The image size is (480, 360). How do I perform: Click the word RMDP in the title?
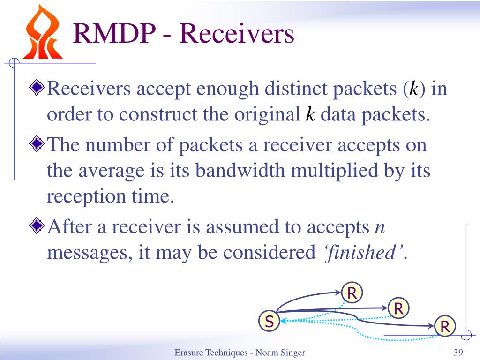point(114,33)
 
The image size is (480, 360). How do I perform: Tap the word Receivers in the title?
point(237,33)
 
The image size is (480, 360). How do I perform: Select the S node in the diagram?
point(269,321)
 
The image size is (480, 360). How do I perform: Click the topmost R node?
point(352,292)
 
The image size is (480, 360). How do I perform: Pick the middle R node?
point(398,308)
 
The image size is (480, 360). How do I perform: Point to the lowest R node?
point(445,326)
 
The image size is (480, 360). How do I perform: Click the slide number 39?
point(458,352)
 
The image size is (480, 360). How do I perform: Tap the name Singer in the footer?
point(292,353)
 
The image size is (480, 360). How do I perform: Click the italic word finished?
point(362,252)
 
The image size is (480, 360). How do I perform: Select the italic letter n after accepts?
point(380,228)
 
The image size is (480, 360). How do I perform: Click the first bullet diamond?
point(37,87)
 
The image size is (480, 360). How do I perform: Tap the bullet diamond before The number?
point(37,143)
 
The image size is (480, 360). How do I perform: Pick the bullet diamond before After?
point(37,225)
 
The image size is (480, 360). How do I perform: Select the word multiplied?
point(335,171)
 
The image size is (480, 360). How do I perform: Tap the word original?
point(267,115)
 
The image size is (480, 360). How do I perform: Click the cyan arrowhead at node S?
point(283,321)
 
